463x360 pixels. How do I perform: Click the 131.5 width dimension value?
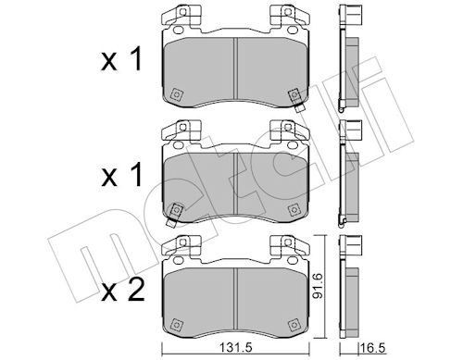[x=235, y=348]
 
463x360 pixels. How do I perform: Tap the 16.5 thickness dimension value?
[x=373, y=349]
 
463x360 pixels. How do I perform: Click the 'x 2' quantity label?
[x=123, y=290]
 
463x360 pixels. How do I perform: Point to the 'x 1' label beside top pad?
[x=121, y=59]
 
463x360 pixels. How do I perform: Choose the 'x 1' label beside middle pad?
[x=121, y=175]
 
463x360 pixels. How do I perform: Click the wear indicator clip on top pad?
[x=294, y=99]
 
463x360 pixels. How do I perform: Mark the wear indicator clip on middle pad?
[x=174, y=215]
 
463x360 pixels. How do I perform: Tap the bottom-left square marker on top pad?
[x=176, y=94]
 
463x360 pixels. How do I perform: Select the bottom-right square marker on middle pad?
[x=294, y=209]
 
